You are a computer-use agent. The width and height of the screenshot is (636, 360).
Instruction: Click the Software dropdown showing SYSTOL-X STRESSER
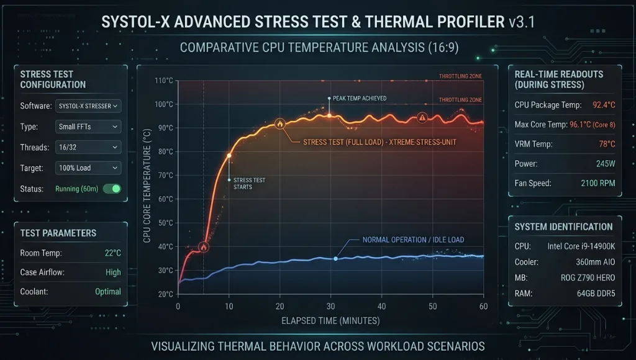point(88,106)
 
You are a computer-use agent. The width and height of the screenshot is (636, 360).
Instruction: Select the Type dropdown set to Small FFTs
point(88,127)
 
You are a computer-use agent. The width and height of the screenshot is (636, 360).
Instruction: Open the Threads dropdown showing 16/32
point(88,147)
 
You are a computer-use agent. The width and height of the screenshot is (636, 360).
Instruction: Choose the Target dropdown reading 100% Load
point(88,168)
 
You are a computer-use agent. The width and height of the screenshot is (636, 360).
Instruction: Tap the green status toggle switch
point(112,189)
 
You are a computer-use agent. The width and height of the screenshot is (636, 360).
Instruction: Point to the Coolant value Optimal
point(107,292)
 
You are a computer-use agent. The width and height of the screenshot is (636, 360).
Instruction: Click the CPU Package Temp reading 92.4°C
point(603,105)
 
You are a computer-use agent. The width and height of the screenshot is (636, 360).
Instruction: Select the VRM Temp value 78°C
point(606,144)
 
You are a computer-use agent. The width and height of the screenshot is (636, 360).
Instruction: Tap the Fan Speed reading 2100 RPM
point(597,184)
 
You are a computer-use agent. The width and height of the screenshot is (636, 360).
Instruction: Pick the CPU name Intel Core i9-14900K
point(580,246)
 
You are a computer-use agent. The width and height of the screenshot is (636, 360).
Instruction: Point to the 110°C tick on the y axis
point(163,81)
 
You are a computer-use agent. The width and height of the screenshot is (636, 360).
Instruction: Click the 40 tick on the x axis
point(381,307)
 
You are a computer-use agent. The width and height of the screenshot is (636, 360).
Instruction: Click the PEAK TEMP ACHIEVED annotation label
point(360,98)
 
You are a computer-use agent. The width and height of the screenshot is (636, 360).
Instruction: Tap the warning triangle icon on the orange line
point(422,117)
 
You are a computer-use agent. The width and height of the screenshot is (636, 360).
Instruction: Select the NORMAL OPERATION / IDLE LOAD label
point(413,240)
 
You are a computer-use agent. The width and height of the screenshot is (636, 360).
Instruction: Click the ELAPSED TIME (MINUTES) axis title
point(330,321)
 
